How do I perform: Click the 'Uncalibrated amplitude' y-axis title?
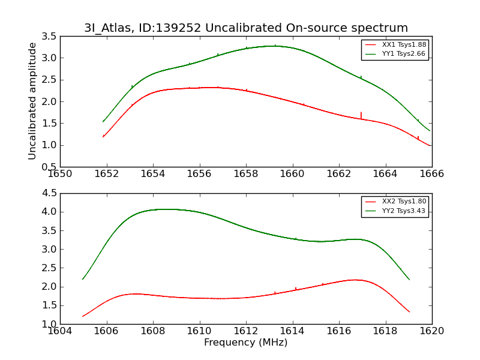click(33, 101)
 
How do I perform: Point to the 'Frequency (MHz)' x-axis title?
click(246, 343)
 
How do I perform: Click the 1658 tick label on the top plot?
click(246, 173)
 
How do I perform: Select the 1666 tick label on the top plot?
click(431, 173)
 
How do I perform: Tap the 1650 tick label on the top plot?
click(61, 173)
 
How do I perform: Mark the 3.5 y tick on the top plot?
click(50, 37)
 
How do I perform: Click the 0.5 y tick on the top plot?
click(50, 167)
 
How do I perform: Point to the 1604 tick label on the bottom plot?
click(61, 331)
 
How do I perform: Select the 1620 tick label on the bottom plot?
click(431, 331)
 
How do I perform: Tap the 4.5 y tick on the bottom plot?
click(50, 193)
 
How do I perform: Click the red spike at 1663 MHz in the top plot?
click(361, 115)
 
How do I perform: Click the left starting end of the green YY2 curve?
click(83, 279)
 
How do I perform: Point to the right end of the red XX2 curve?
click(409, 312)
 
